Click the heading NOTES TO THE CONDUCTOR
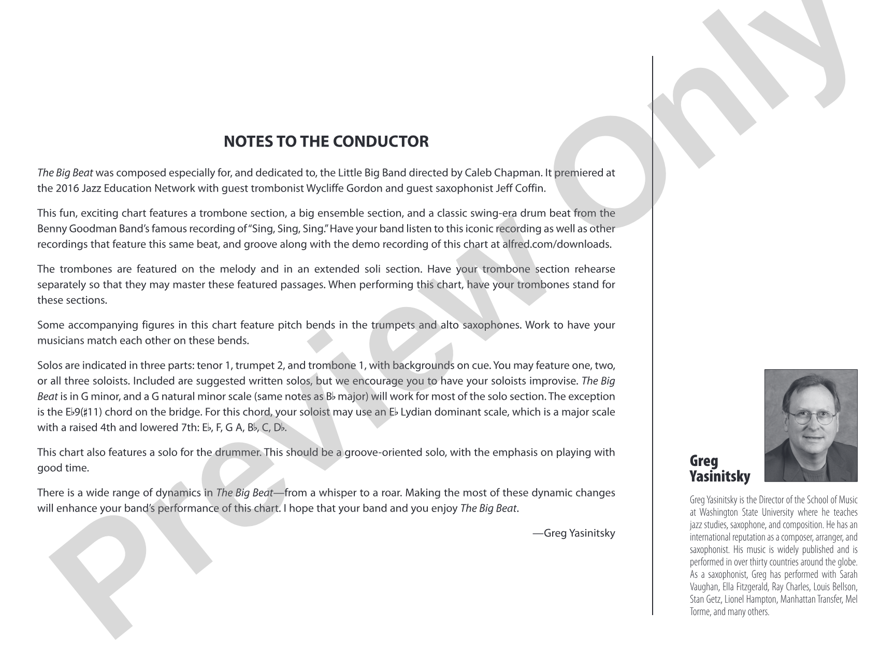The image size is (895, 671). point(326,141)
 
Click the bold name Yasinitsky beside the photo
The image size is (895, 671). point(719,476)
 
